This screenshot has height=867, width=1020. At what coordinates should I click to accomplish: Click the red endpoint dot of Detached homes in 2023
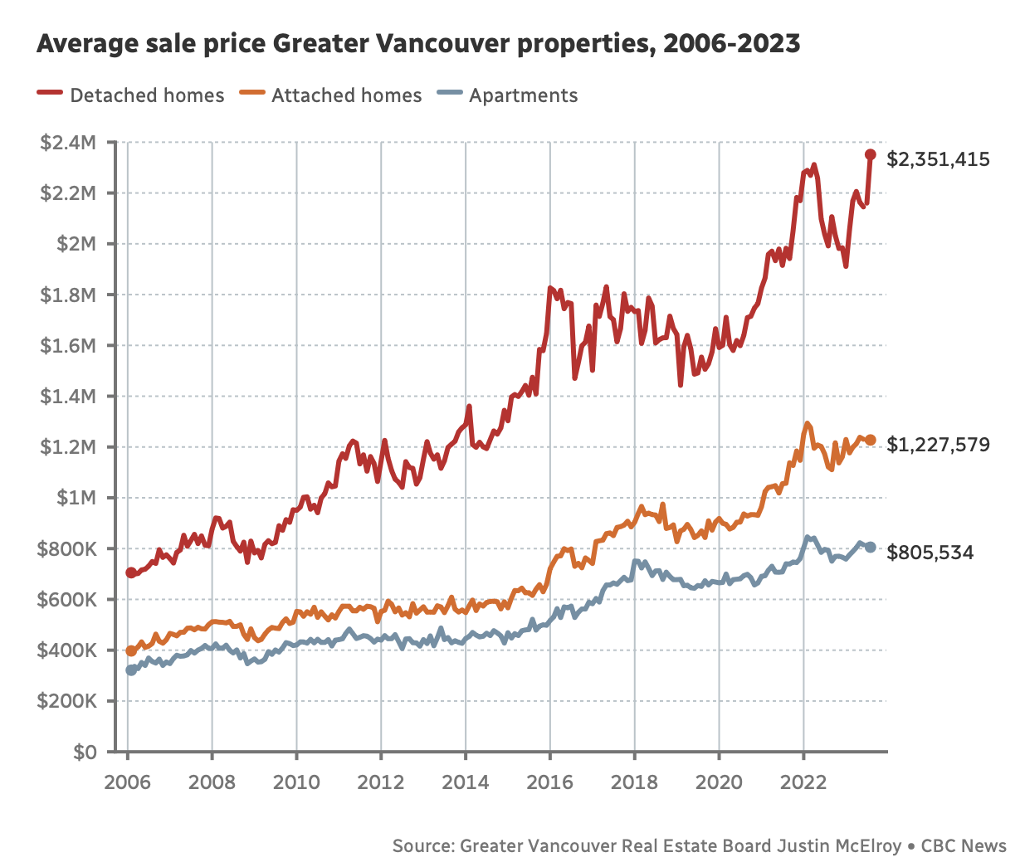point(870,154)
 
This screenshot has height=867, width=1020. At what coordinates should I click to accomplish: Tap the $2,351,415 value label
point(938,159)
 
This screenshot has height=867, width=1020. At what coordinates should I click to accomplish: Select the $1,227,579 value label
point(938,445)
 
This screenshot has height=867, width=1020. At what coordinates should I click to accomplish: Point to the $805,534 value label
point(930,553)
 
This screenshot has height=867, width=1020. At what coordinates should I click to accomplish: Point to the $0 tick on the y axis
point(85,753)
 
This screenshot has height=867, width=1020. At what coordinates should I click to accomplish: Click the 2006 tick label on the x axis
point(127,782)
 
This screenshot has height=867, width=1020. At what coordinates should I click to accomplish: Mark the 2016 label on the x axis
point(549,782)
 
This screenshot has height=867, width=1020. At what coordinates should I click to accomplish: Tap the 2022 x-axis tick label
point(803,782)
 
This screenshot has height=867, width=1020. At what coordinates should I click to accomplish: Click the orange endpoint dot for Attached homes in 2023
point(870,441)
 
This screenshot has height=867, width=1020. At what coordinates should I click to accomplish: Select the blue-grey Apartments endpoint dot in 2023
point(870,548)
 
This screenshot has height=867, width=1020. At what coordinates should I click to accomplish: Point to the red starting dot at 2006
point(131,572)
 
